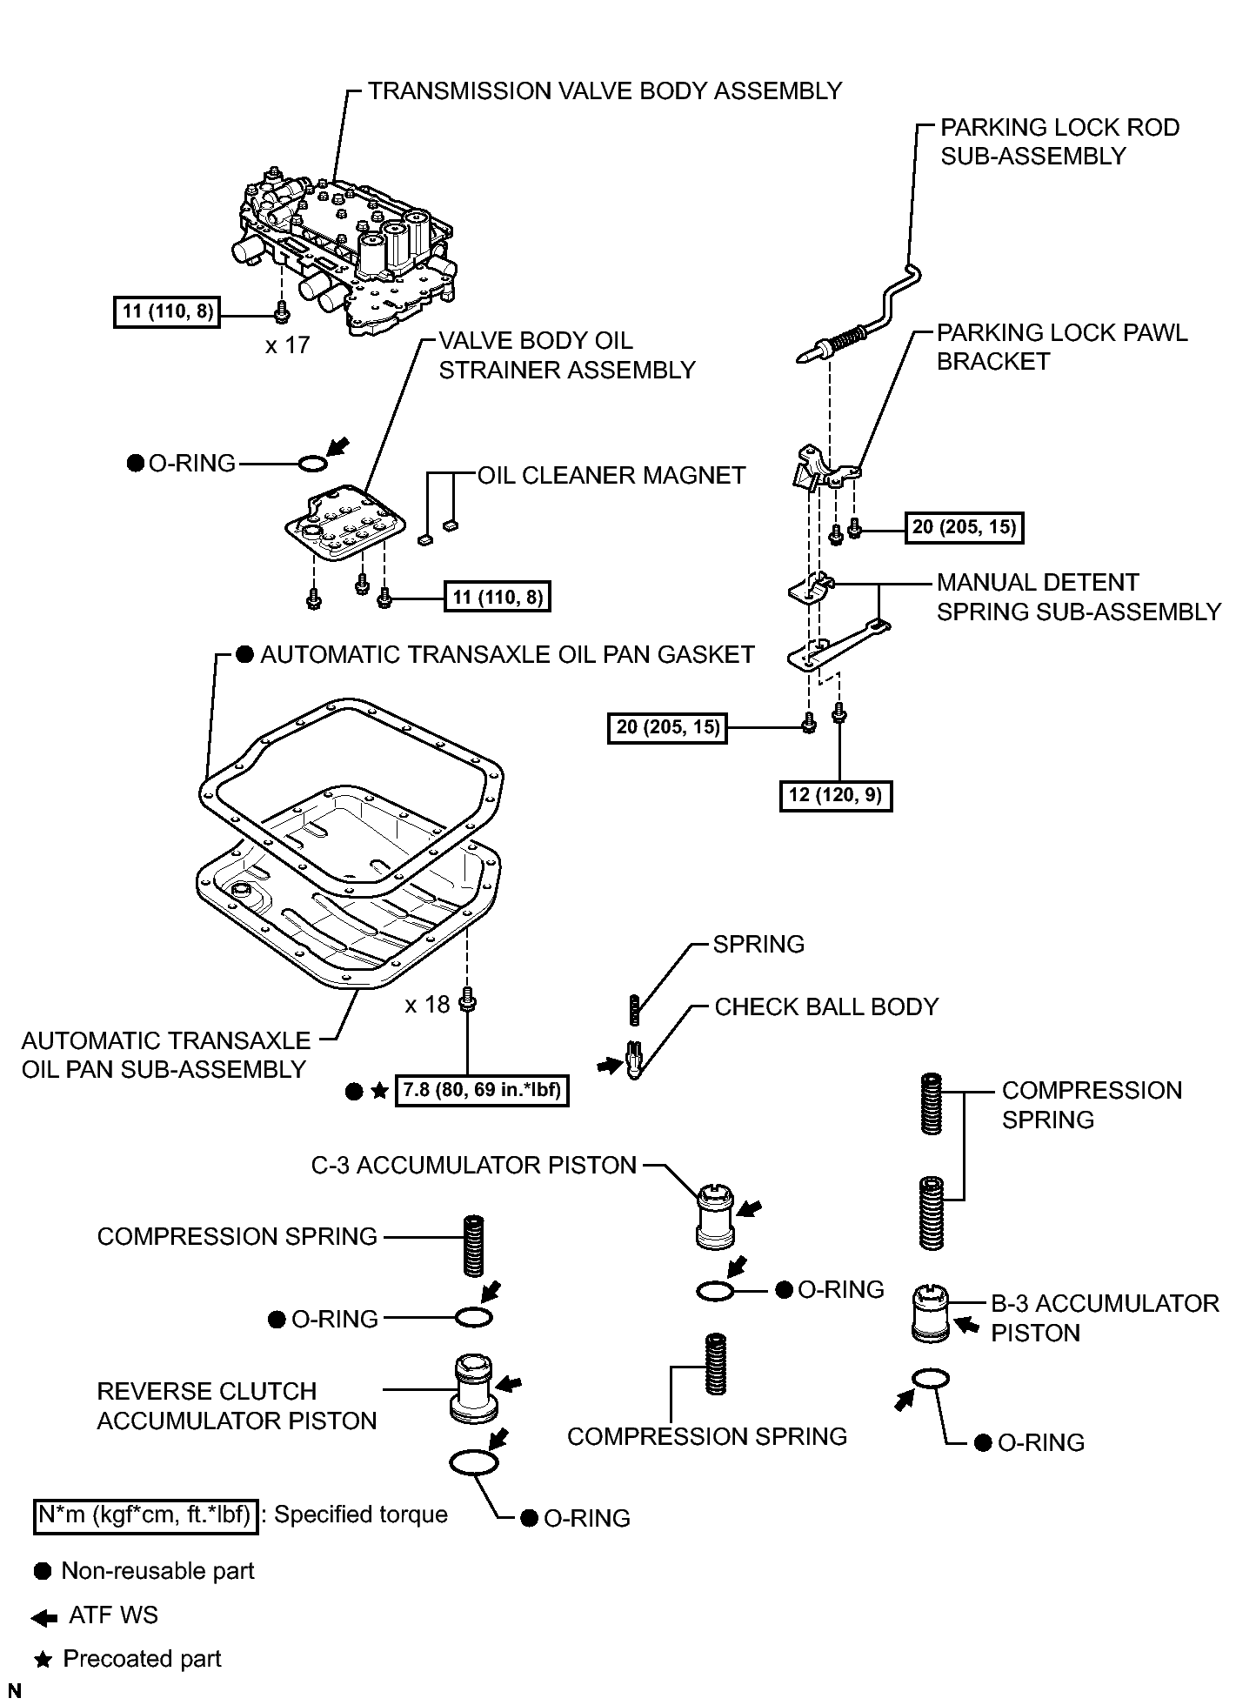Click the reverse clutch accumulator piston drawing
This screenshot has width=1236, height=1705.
click(x=474, y=1388)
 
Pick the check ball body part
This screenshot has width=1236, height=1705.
click(x=634, y=1060)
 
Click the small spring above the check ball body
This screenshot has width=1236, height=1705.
click(x=634, y=1009)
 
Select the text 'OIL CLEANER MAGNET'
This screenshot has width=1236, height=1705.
click(x=611, y=475)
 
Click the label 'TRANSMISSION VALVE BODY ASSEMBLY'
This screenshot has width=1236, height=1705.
click(x=605, y=91)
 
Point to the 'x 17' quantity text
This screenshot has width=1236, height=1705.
click(x=287, y=345)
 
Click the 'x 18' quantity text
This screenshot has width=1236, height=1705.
click(x=427, y=1005)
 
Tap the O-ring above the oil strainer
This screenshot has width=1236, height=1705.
click(x=313, y=465)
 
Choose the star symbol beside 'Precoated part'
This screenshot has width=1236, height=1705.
click(x=42, y=1660)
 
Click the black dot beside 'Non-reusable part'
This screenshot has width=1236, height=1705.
click(x=43, y=1571)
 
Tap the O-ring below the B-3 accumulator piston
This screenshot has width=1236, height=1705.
click(x=931, y=1379)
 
